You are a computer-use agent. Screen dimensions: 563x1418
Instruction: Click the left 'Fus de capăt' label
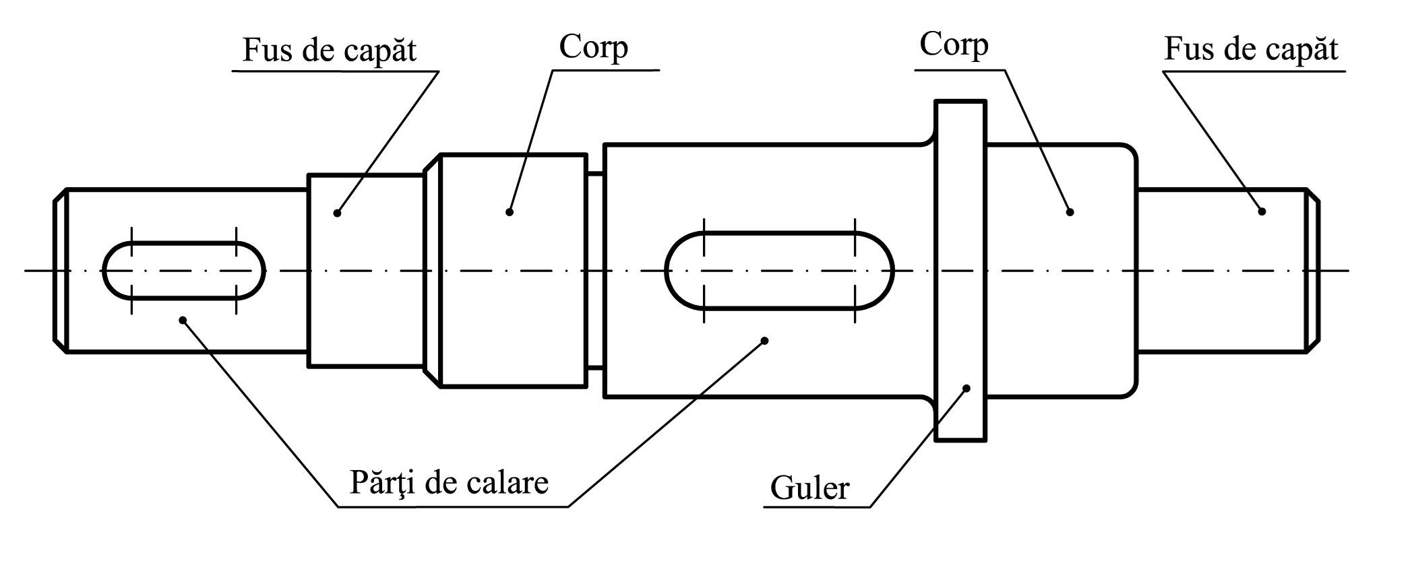point(329,51)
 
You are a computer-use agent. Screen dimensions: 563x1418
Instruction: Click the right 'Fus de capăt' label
point(1251,49)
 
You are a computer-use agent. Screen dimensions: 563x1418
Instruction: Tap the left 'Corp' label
point(593,47)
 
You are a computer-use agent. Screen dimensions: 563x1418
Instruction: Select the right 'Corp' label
point(954,45)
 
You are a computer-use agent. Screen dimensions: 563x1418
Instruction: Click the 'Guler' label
point(809,488)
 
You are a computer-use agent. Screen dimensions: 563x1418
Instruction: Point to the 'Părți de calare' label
point(449,482)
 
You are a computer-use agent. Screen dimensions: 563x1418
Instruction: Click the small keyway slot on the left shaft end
point(183,271)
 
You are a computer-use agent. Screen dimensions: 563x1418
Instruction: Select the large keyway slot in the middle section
point(779,271)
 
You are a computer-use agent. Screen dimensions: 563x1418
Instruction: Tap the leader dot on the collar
point(966,388)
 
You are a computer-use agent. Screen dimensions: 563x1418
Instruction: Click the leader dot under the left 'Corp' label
point(510,212)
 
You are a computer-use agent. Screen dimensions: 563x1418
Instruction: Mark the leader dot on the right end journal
point(1262,211)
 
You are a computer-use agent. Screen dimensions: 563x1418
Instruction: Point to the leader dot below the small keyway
point(182,320)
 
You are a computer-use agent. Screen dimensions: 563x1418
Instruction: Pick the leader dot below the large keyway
point(764,341)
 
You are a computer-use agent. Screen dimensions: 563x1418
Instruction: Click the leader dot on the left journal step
point(337,213)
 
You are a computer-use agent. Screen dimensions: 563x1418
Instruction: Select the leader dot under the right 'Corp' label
point(1070,212)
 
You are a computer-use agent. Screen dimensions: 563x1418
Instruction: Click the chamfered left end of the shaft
point(60,271)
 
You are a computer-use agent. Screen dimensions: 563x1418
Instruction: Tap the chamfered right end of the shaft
point(1312,271)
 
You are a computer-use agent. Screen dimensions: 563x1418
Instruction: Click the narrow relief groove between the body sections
point(594,271)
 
